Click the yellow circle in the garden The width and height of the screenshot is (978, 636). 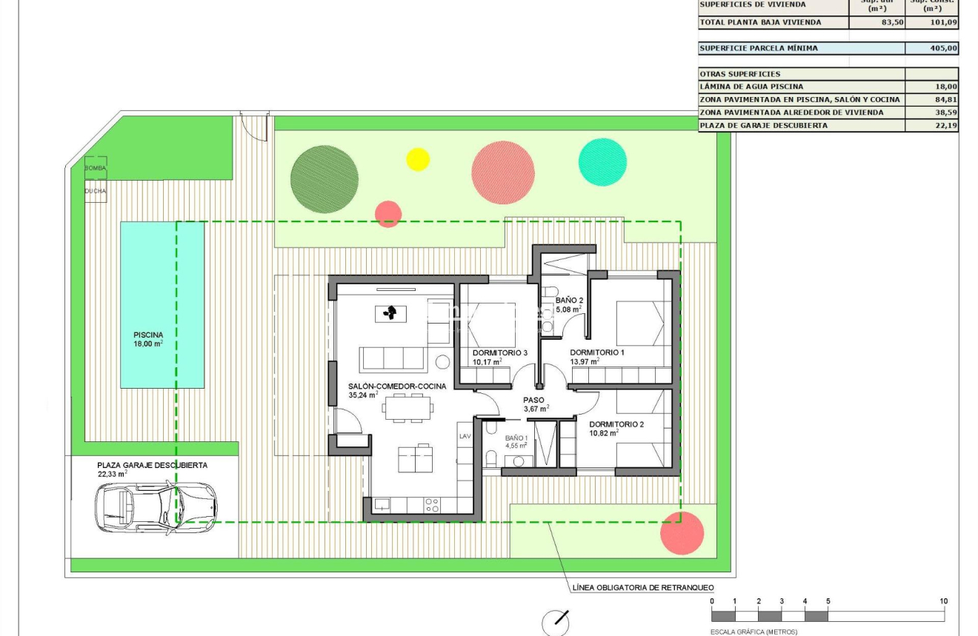pyautogui.click(x=418, y=159)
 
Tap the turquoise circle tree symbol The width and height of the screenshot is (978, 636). pyautogui.click(x=602, y=161)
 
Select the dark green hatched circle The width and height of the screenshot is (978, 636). pyautogui.click(x=325, y=178)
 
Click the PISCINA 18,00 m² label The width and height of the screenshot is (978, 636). pyautogui.click(x=148, y=339)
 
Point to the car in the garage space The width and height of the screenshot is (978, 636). pyautogui.click(x=156, y=506)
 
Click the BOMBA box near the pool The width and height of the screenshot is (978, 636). pyautogui.click(x=95, y=168)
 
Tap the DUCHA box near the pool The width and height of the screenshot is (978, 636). pyautogui.click(x=95, y=191)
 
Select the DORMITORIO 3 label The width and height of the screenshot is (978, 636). pyautogui.click(x=499, y=353)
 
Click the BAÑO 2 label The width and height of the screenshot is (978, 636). pyautogui.click(x=569, y=301)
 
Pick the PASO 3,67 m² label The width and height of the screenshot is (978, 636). pyautogui.click(x=535, y=404)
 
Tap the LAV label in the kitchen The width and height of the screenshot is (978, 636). pyautogui.click(x=465, y=437)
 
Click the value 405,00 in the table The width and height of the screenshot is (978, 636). pyautogui.click(x=943, y=48)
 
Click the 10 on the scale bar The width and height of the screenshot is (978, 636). pyautogui.click(x=943, y=601)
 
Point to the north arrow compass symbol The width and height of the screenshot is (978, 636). pyautogui.click(x=556, y=623)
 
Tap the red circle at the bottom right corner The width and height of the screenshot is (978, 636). pyautogui.click(x=682, y=532)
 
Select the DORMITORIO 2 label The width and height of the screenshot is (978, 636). pyautogui.click(x=616, y=424)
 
